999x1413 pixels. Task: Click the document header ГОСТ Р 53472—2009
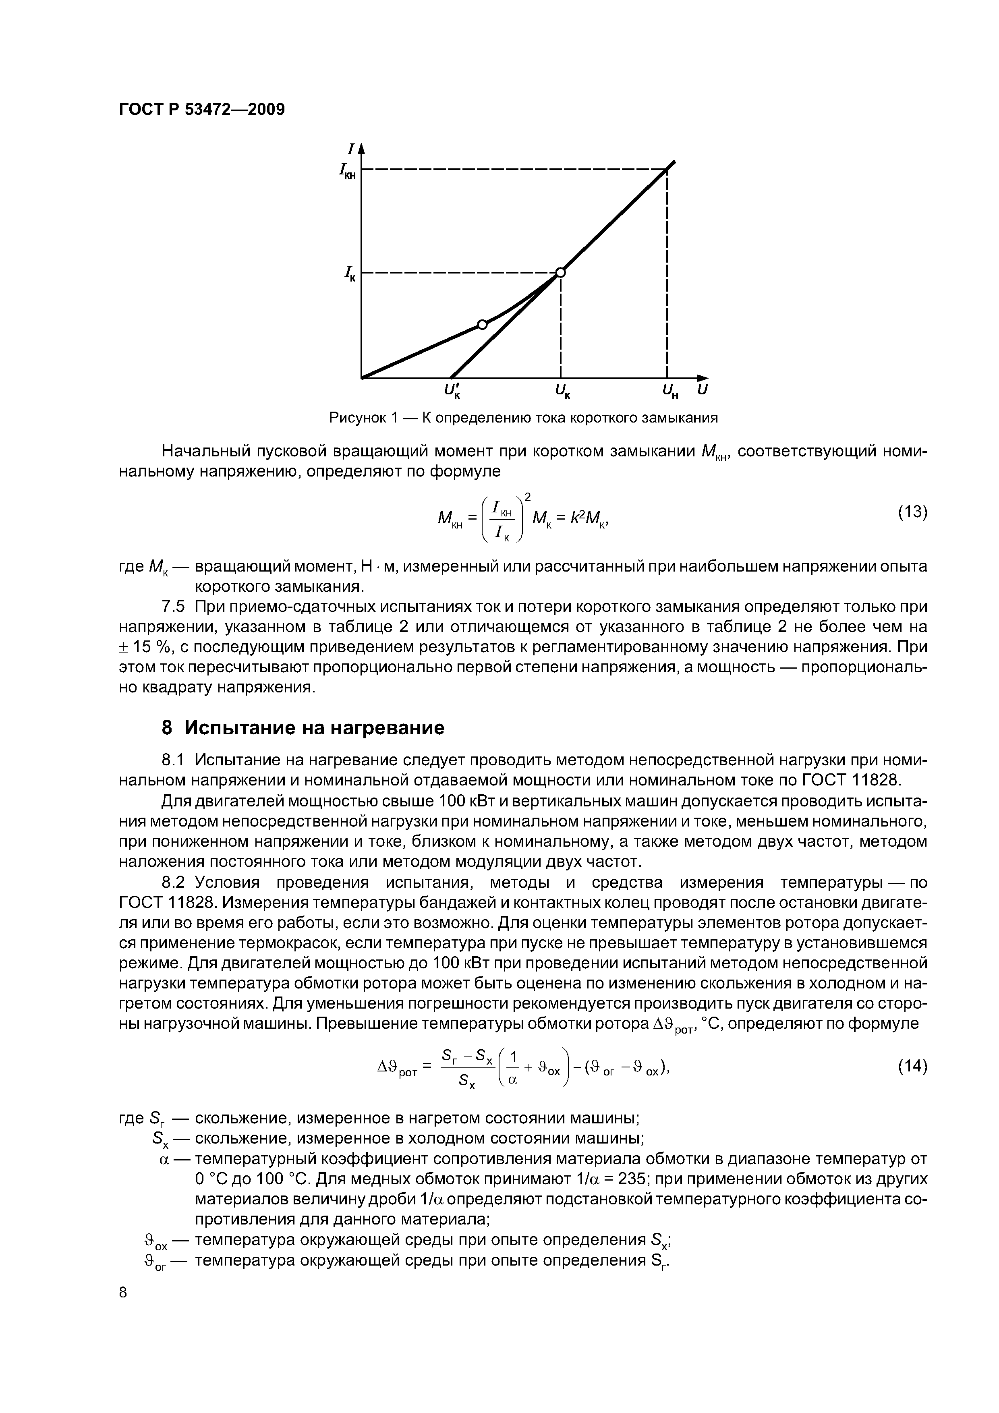click(x=201, y=110)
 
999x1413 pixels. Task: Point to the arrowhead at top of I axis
click(x=361, y=148)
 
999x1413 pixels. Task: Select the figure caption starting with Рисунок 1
click(x=524, y=419)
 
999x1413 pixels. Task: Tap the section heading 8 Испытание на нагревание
click(x=302, y=728)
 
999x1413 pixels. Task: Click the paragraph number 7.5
click(x=172, y=607)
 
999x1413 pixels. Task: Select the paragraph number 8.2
click(x=172, y=883)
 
